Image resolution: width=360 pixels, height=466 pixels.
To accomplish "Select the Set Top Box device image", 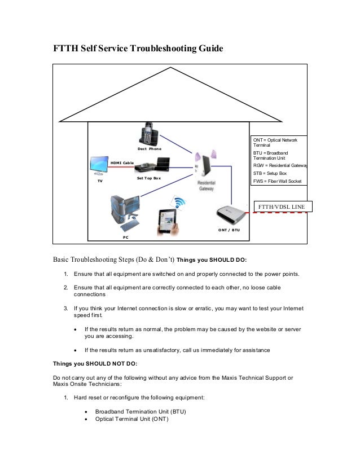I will (x=152, y=165).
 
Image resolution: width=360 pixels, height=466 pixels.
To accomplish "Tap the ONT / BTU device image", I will (x=231, y=214).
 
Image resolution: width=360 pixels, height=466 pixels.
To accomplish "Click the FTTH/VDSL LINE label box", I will (x=281, y=207).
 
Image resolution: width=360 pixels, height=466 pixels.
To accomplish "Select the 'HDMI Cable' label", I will (x=122, y=162).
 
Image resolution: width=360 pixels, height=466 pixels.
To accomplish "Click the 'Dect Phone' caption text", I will (x=150, y=149).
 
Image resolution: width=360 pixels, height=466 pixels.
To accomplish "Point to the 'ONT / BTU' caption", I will (x=229, y=230).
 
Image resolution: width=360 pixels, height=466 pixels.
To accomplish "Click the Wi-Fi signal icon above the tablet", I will (x=180, y=203).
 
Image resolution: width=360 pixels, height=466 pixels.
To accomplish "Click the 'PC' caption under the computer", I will (x=125, y=238).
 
